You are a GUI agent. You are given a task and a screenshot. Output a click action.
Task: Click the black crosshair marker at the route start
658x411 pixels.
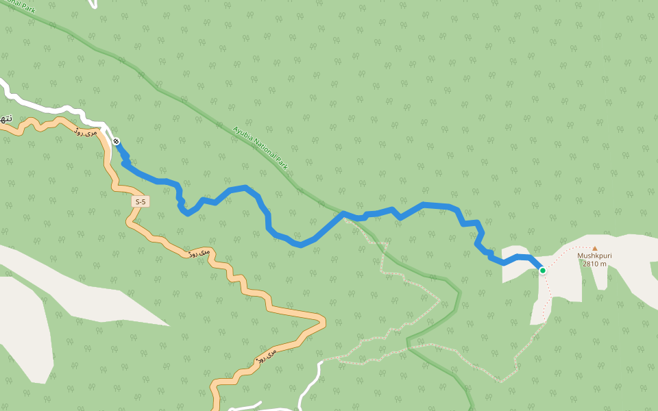(116, 141)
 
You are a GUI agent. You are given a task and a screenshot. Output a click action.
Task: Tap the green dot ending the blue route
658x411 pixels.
(543, 271)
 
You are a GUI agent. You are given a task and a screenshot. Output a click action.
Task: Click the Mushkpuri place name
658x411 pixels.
(594, 256)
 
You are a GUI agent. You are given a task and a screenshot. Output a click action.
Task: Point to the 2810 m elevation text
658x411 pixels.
(594, 264)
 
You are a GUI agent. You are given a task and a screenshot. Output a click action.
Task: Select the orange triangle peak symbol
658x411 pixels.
(594, 249)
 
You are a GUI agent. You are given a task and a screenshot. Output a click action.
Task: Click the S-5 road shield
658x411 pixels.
(141, 201)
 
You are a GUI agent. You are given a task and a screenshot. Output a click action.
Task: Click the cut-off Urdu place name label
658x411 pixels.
(5, 119)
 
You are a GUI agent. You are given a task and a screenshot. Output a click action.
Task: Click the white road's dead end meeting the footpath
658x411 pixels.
(321, 361)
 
